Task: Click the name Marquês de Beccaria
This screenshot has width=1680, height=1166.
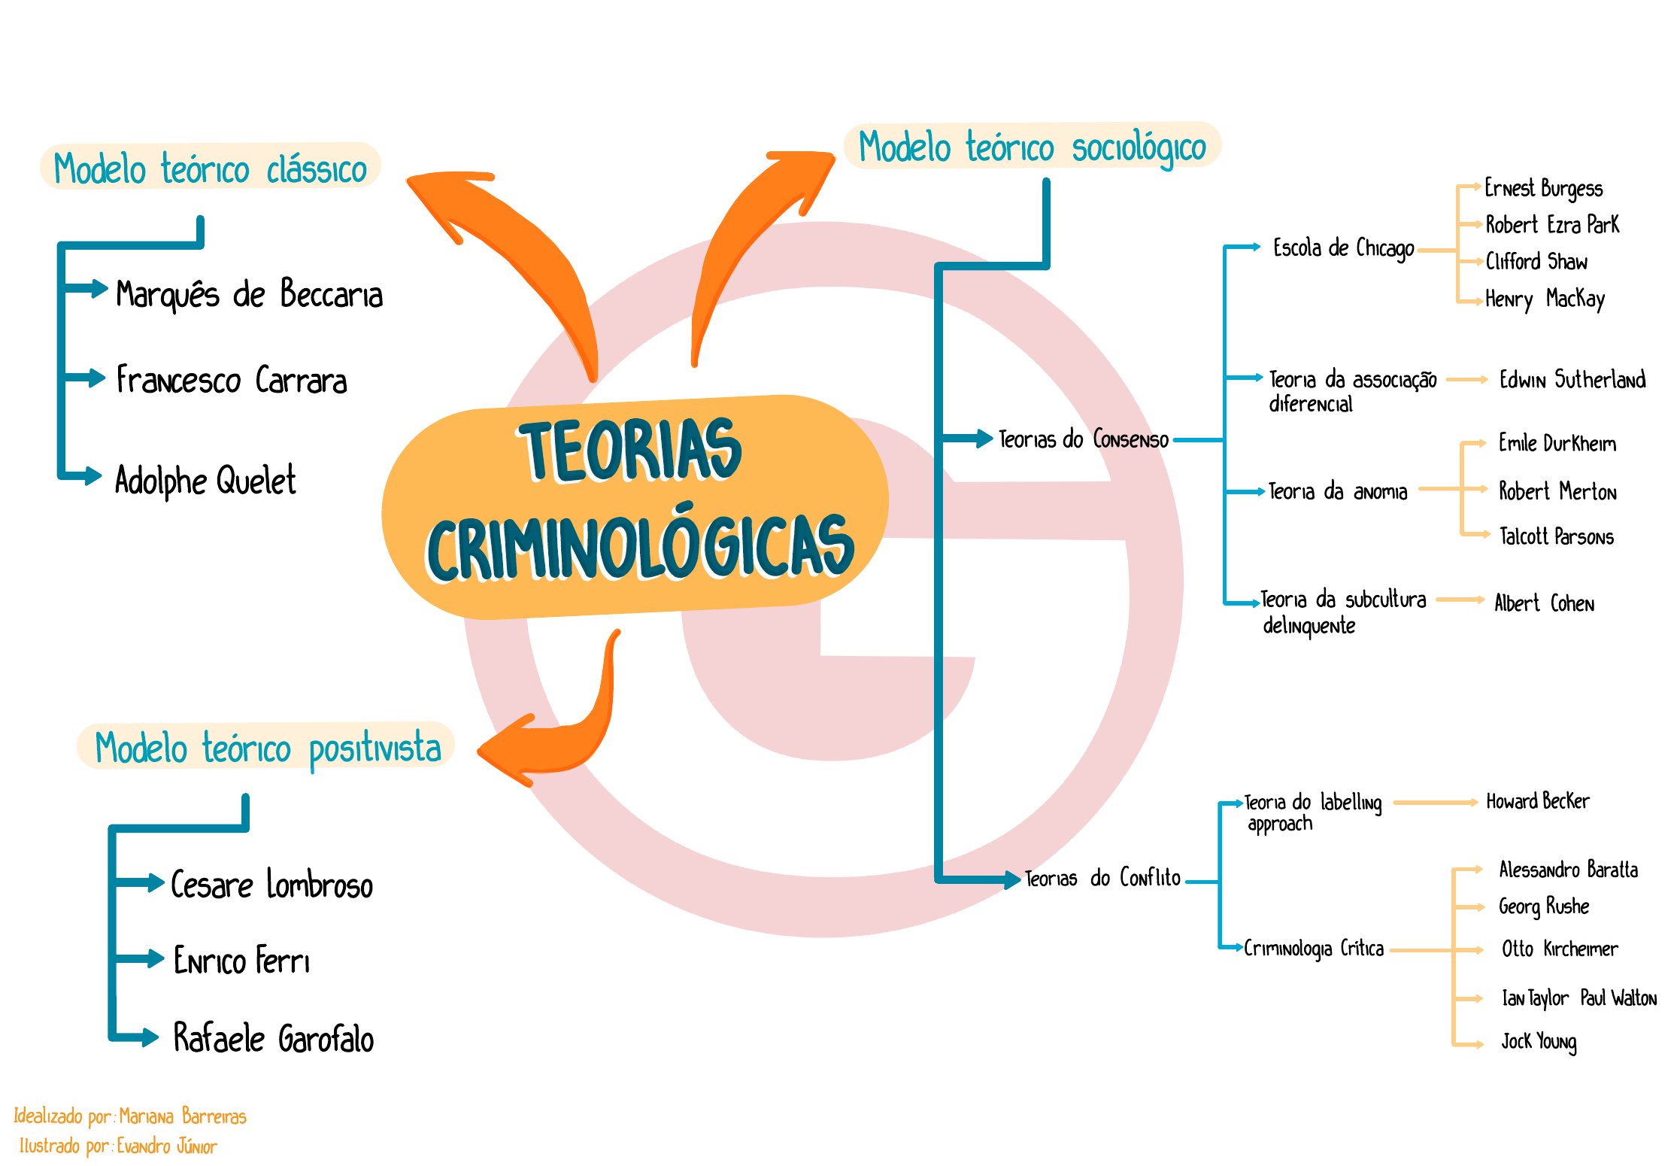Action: (249, 294)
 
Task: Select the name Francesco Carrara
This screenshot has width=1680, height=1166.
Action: (232, 380)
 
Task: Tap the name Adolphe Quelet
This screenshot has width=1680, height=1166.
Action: (205, 480)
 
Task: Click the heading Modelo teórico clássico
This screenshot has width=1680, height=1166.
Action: (210, 167)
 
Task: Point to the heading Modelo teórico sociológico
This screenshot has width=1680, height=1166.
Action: (1032, 146)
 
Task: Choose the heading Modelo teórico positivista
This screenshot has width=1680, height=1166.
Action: (267, 747)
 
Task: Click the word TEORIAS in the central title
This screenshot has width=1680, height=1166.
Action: (630, 449)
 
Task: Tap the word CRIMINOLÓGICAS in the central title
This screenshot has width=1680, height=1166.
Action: (641, 547)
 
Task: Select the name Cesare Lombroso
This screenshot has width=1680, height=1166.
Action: (271, 885)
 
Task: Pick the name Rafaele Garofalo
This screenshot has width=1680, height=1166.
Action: (273, 1038)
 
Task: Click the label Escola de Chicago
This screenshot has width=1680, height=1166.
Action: (1343, 248)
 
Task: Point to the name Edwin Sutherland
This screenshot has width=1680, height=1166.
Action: (1572, 380)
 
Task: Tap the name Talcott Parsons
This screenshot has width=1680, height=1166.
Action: (1556, 536)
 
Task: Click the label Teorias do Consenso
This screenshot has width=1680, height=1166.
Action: (1083, 439)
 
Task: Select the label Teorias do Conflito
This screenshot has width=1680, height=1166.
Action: (1102, 878)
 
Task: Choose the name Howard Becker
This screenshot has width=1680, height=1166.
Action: (1537, 802)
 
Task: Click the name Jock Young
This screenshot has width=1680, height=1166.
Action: (1539, 1042)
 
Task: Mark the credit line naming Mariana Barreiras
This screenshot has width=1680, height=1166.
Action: (130, 1116)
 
